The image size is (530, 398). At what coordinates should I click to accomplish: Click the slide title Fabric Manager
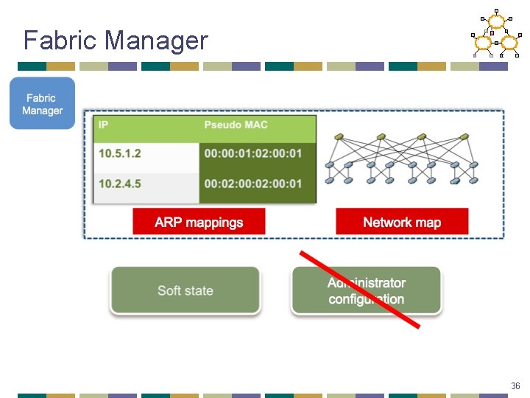116,40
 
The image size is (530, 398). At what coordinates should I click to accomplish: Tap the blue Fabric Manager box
42,104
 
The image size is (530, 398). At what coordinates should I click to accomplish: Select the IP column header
104,125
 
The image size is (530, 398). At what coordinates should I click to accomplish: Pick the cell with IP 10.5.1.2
119,154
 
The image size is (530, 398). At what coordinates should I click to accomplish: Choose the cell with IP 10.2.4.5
119,184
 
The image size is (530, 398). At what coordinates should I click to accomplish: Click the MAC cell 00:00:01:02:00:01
253,154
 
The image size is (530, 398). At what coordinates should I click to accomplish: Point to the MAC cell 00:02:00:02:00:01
253,184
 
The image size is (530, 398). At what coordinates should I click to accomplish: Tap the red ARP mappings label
199,222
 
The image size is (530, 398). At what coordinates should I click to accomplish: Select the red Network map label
402,222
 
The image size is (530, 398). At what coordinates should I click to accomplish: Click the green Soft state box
185,290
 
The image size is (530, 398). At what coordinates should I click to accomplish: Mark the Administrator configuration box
367,290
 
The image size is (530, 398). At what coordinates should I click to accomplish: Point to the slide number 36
515,385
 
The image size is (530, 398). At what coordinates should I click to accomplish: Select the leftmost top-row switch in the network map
339,137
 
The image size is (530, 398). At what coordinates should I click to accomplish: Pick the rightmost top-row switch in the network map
464,137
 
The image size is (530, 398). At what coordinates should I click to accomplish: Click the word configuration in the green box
367,299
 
